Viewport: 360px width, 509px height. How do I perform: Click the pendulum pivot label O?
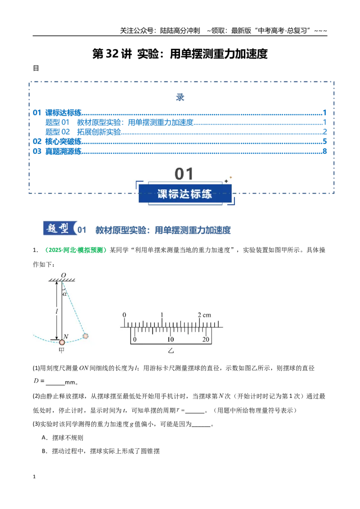pos(63,275)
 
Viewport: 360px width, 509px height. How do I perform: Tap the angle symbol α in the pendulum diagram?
pos(65,294)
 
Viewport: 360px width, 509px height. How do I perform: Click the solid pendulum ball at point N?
pos(62,342)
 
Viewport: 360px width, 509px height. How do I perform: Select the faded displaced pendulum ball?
pos(85,336)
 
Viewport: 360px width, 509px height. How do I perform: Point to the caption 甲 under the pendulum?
pos(61,350)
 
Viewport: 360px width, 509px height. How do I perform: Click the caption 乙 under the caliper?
pos(171,351)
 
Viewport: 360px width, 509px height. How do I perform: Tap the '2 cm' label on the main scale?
pos(204,315)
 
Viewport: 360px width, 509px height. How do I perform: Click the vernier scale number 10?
pos(171,339)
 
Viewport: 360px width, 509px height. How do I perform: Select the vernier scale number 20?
pos(206,339)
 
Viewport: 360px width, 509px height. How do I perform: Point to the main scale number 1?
pos(162,315)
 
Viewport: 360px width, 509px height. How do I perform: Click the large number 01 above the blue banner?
pos(184,174)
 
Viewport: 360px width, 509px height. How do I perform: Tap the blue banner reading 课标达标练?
pos(185,194)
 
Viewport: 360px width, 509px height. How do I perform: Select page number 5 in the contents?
pos(324,142)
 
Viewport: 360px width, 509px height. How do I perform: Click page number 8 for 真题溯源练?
pos(324,151)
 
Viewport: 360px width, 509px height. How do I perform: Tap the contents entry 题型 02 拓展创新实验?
pos(83,132)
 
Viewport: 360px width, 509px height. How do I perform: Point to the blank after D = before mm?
pos(55,382)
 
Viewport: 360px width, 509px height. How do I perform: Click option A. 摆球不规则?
pos(63,438)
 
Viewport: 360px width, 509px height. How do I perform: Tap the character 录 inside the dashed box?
pos(180,97)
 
